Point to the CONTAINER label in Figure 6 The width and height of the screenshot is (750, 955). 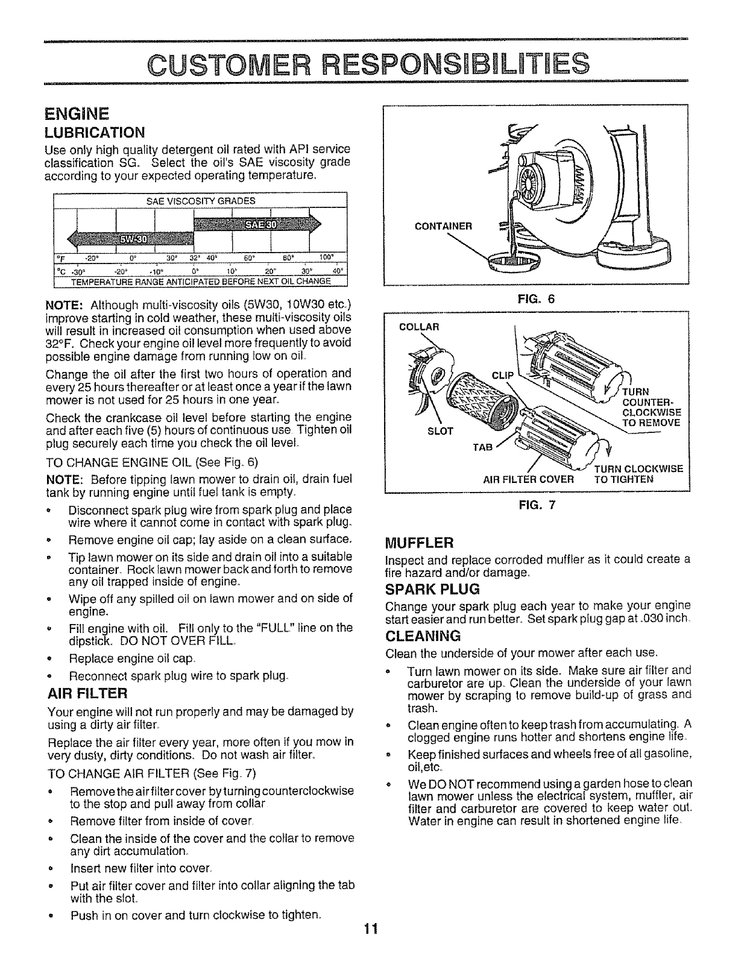pyautogui.click(x=444, y=227)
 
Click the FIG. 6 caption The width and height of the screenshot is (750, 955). pyautogui.click(x=537, y=297)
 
